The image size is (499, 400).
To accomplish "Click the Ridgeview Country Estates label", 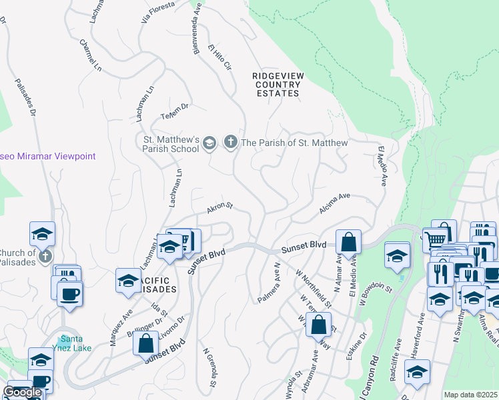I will pyautogui.click(x=278, y=85).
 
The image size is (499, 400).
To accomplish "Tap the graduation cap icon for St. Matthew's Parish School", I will pyautogui.click(x=209, y=143).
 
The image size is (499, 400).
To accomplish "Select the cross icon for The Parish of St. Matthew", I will pyautogui.click(x=230, y=143).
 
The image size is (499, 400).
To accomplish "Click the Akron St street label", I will pyautogui.click(x=219, y=208).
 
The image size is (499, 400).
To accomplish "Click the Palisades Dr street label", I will pyautogui.click(x=24, y=87).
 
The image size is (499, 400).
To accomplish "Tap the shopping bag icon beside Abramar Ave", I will pyautogui.click(x=319, y=325).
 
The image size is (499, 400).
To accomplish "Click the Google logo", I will pyautogui.click(x=22, y=392).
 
